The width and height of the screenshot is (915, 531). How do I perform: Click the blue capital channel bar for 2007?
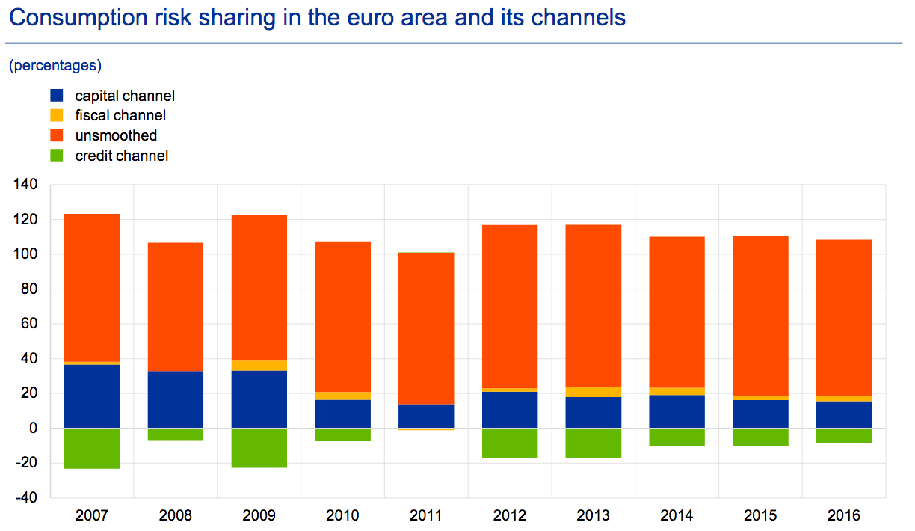(x=92, y=396)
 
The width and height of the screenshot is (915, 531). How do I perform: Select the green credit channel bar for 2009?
(x=259, y=448)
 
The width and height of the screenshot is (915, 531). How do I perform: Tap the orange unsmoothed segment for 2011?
(x=426, y=328)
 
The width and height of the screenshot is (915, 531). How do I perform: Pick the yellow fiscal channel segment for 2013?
(x=594, y=392)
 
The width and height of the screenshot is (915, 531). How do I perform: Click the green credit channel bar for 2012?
(x=510, y=443)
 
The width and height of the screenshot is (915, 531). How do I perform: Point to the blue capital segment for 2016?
(x=844, y=415)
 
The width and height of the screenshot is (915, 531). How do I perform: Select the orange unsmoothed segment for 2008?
(x=176, y=307)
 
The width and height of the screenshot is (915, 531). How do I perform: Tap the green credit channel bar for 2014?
(x=677, y=437)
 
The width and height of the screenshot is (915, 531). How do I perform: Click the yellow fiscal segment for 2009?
(x=259, y=366)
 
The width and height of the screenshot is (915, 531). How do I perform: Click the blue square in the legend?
(x=57, y=96)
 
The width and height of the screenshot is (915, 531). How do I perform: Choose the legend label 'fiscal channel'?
(x=120, y=115)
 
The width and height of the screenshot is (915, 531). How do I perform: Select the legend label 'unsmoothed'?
(x=116, y=135)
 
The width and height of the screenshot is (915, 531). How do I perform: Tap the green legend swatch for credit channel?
(x=57, y=156)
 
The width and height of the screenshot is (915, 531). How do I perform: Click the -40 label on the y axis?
(x=28, y=498)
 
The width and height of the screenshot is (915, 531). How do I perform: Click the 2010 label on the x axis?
(x=342, y=515)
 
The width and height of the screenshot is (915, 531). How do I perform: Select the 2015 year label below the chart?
(x=760, y=515)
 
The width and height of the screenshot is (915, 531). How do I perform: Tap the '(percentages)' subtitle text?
(x=55, y=65)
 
